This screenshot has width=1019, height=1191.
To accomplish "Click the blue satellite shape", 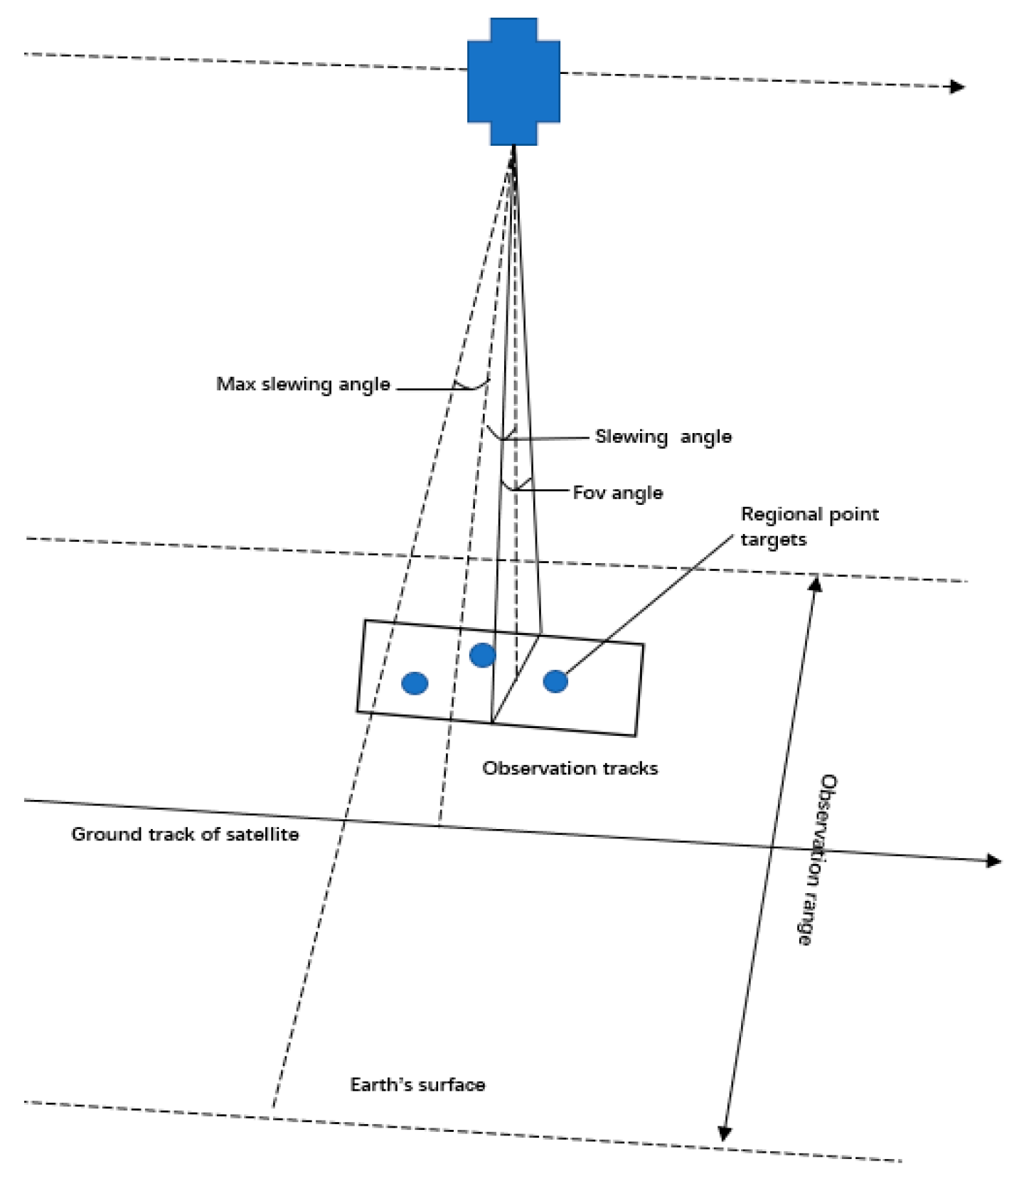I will (513, 82).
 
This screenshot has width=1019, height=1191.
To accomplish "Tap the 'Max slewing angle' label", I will (303, 385).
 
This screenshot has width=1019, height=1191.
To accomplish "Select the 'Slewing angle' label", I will (663, 437).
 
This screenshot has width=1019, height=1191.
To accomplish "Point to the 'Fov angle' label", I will (617, 493).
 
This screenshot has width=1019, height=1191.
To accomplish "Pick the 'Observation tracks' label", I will (570, 768).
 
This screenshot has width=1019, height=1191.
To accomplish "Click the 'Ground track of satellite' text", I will (185, 834).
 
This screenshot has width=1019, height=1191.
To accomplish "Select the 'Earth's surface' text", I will (417, 1084).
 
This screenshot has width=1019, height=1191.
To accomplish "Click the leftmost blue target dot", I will (415, 683).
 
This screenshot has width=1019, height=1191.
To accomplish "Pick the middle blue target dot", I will (482, 655).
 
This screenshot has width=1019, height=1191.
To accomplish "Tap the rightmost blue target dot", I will (555, 681).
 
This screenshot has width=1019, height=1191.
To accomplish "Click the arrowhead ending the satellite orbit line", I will (959, 87).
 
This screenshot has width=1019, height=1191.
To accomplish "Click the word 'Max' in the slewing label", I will (235, 385).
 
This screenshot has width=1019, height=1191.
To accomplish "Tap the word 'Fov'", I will (589, 493).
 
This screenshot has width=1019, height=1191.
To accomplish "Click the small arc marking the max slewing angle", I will (472, 386).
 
